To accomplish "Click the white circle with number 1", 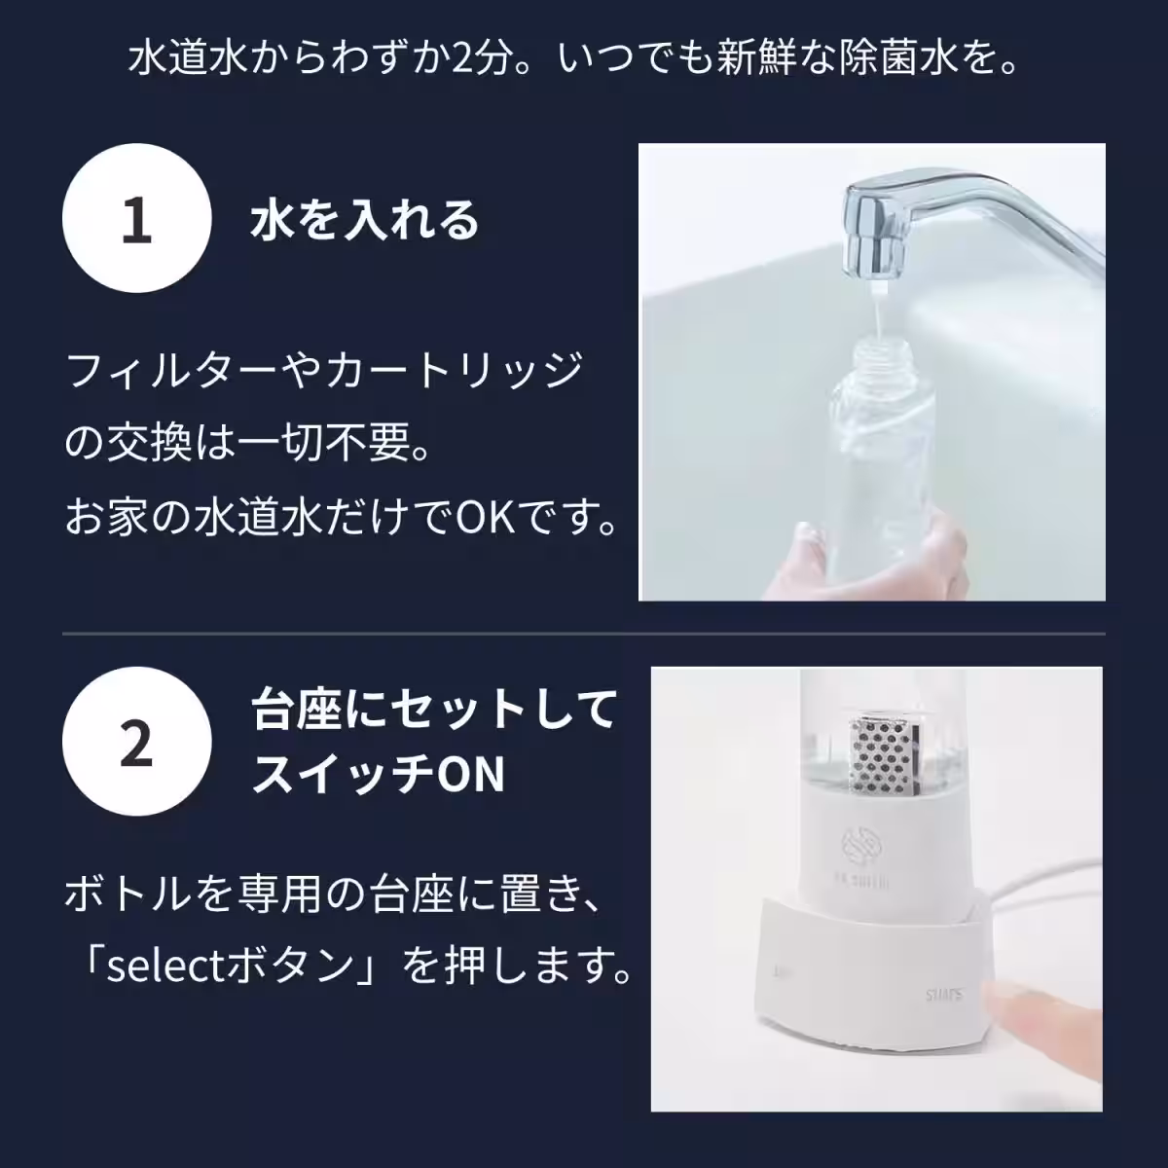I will click(136, 220).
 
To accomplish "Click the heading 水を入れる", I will click(365, 220).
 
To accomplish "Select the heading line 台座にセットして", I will click(434, 708).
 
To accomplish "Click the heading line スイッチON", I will click(379, 776).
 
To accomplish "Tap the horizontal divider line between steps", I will click(584, 635).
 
